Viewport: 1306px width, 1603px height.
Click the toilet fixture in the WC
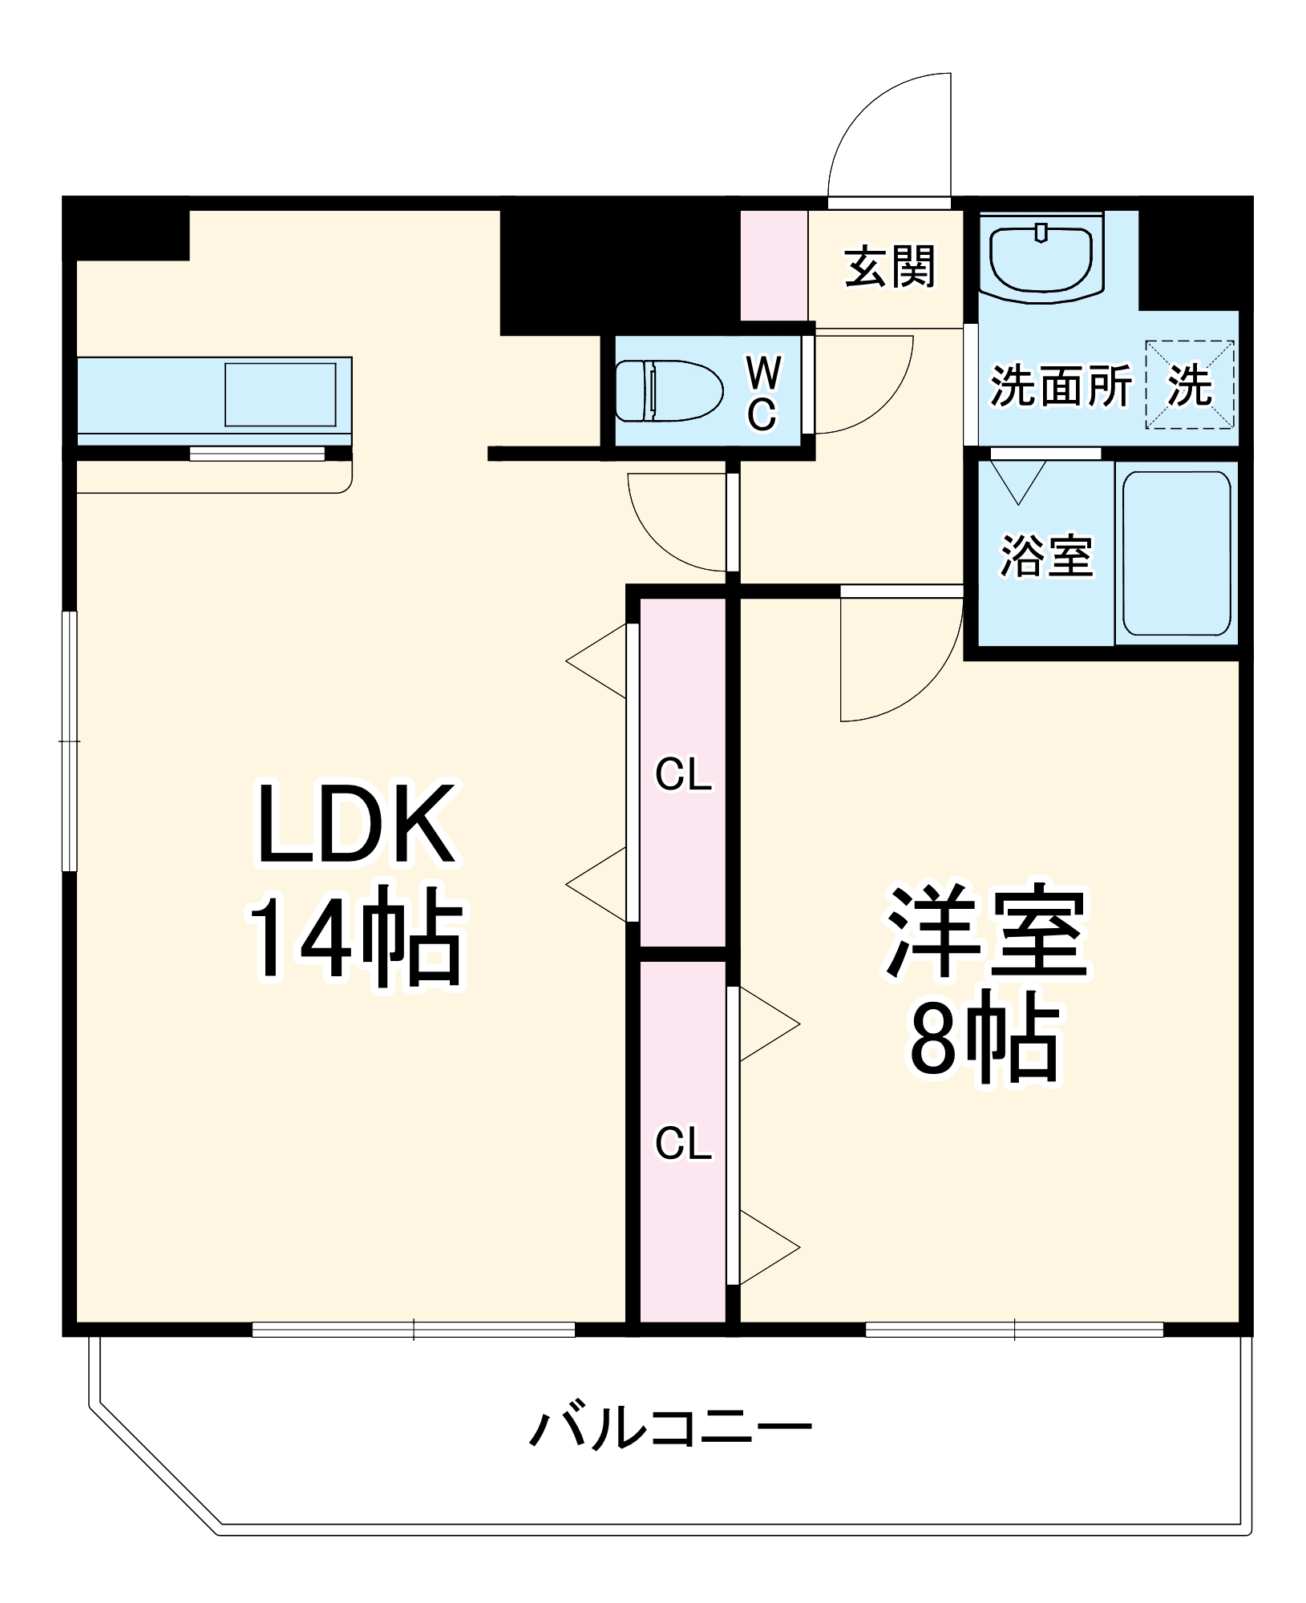pos(668,390)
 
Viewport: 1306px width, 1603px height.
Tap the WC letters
pos(762,393)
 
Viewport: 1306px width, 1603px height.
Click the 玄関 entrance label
pos(890,267)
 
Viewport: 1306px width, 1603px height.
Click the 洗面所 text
pos(1061,386)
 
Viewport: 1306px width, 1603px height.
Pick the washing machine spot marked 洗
pos(1190,385)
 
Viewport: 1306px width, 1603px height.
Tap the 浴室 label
pos(1046,555)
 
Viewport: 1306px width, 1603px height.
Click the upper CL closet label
pos(683,775)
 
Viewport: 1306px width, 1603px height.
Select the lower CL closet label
pos(683,1144)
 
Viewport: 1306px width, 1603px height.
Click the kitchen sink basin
pos(281,394)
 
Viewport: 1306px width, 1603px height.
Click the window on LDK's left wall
pos(71,741)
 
